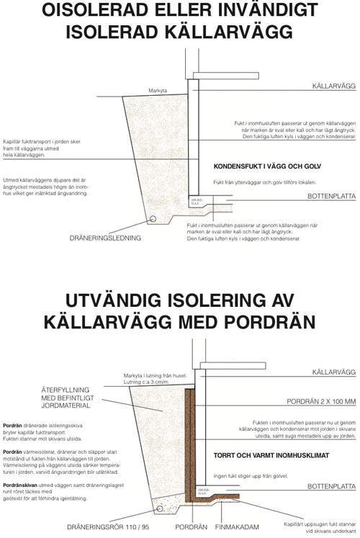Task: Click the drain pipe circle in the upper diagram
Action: click(x=152, y=219)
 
